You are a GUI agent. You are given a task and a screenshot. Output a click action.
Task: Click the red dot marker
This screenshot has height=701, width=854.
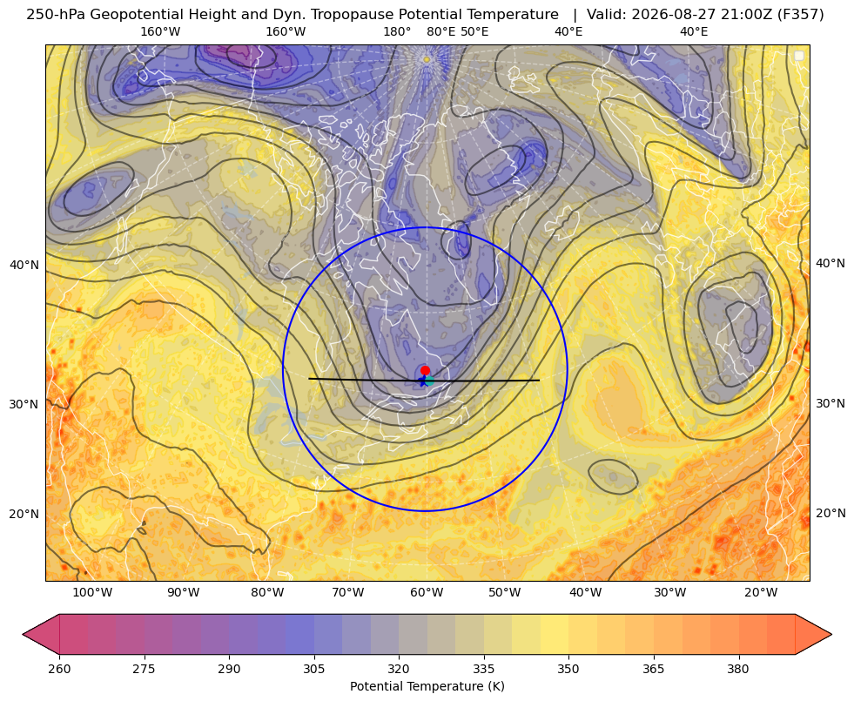tap(425, 370)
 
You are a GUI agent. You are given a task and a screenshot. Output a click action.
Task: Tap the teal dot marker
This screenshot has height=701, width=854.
tap(430, 381)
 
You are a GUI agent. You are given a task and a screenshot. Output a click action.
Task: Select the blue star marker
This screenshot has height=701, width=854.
tap(422, 381)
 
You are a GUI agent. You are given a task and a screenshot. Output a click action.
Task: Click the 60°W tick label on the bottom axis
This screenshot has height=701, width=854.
tap(427, 592)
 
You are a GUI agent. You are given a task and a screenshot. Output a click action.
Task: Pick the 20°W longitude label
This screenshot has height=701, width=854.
tap(760, 592)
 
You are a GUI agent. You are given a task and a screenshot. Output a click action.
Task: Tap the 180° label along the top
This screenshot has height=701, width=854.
tap(397, 31)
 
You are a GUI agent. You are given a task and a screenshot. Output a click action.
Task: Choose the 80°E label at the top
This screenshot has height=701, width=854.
tap(440, 31)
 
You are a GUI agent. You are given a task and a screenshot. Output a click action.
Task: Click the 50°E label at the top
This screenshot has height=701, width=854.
tap(474, 31)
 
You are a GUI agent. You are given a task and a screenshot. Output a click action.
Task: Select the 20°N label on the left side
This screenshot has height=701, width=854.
tap(24, 514)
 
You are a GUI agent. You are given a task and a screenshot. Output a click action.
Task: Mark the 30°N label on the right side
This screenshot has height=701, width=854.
tap(830, 403)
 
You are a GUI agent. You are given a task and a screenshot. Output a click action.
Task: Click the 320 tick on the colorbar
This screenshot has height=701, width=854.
tap(399, 668)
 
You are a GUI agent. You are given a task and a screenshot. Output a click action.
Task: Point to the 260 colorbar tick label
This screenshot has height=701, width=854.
tap(59, 668)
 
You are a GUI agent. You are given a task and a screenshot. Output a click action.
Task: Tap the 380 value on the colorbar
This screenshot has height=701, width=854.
tap(738, 668)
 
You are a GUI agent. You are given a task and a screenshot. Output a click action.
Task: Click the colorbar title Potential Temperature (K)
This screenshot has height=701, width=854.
tap(427, 686)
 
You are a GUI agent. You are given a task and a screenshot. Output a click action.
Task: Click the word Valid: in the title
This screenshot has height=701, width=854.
tap(607, 14)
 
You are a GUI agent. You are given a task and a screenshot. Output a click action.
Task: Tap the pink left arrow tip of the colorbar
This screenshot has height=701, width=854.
tap(23, 634)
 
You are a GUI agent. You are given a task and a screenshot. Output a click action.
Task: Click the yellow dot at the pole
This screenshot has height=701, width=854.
tap(427, 59)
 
